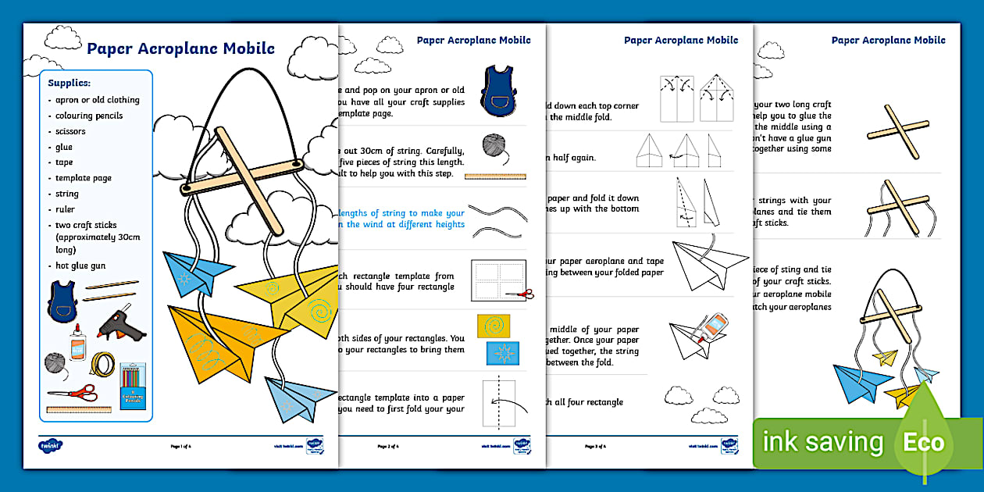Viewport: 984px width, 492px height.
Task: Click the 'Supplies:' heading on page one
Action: pyautogui.click(x=69, y=82)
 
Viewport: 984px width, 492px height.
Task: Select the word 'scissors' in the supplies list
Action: pyautogui.click(x=70, y=131)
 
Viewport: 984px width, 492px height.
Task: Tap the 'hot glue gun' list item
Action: pyautogui.click(x=80, y=266)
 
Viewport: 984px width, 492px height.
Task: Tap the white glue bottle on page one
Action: pyautogui.click(x=77, y=344)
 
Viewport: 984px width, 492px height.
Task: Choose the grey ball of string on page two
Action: pyautogui.click(x=493, y=145)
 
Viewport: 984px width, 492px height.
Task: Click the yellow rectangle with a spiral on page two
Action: pyautogui.click(x=494, y=326)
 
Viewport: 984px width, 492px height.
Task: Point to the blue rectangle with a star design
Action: pyautogui.click(x=502, y=353)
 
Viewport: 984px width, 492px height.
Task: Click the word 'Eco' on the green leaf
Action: pyautogui.click(x=925, y=443)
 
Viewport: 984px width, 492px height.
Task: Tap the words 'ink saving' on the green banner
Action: pyautogui.click(x=822, y=443)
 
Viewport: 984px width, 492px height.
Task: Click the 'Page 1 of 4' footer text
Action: pyautogui.click(x=180, y=447)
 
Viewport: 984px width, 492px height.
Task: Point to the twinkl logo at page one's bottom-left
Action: pyautogui.click(x=50, y=445)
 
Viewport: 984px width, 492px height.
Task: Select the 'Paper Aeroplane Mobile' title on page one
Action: pyautogui.click(x=180, y=48)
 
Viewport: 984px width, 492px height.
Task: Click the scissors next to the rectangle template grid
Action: pyautogui.click(x=519, y=294)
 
